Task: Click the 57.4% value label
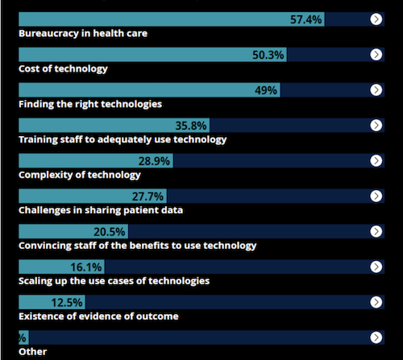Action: tap(306, 19)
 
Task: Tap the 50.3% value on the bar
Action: tap(268, 55)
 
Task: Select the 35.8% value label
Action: tap(192, 126)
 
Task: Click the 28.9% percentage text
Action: tap(154, 161)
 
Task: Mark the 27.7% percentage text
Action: tap(148, 197)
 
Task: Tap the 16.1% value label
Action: tap(87, 267)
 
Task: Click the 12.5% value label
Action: tap(68, 303)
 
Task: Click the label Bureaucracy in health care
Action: tap(82, 34)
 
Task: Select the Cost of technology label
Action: tap(63, 69)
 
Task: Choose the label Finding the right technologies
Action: tap(90, 105)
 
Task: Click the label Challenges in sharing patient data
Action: tap(101, 210)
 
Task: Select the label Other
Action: tap(32, 352)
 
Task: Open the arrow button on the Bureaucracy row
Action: tap(376, 19)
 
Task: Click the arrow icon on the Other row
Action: tap(376, 337)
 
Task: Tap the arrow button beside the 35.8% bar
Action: tap(376, 125)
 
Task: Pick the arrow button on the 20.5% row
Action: tap(376, 231)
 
